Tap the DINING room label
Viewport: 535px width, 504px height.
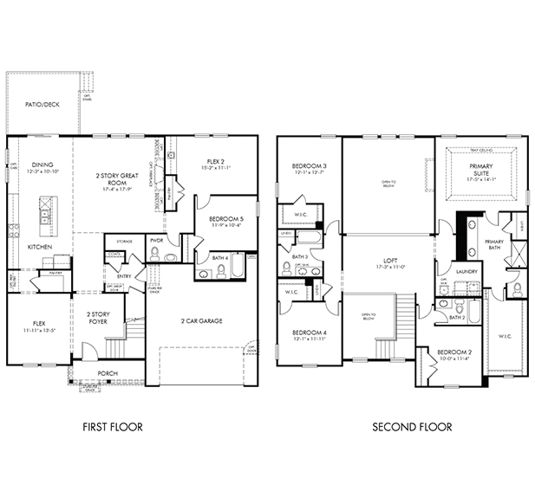click(x=42, y=165)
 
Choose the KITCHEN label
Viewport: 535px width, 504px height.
click(x=39, y=247)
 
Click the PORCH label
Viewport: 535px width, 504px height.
click(x=108, y=373)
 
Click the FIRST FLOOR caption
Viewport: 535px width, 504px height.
click(x=112, y=426)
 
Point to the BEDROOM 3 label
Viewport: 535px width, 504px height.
click(x=309, y=166)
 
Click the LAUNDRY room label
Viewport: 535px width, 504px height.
click(x=466, y=271)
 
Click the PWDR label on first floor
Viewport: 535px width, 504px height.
click(x=157, y=240)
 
